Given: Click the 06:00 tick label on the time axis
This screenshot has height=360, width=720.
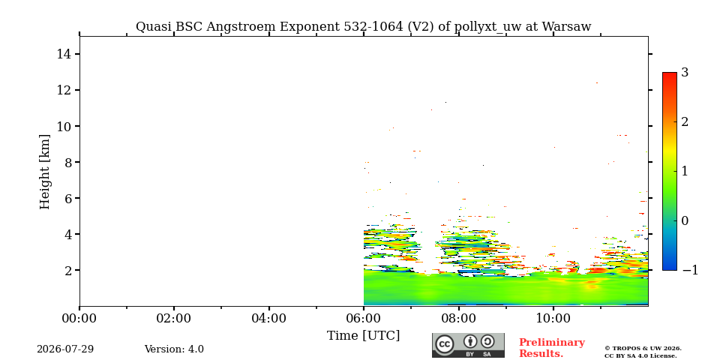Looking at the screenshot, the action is click(363, 318).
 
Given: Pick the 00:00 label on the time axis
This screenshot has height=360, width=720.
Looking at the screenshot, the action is click(79, 318).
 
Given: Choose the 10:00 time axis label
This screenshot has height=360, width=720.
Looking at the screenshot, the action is click(553, 318).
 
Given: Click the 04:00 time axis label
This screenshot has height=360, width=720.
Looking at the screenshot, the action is click(268, 318).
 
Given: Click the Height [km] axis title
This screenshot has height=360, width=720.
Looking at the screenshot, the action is click(44, 172).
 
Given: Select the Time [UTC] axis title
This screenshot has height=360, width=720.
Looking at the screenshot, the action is click(363, 336).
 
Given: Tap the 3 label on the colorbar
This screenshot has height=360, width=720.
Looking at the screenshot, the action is click(685, 73).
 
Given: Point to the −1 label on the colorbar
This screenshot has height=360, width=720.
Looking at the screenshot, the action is click(690, 270).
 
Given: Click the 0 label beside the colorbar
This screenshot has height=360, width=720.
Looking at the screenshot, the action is click(685, 220).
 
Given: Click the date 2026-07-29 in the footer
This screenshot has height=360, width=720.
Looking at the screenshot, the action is click(65, 349).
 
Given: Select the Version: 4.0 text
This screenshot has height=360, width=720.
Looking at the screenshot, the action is click(174, 349).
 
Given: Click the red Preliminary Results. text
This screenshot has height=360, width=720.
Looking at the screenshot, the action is click(551, 348).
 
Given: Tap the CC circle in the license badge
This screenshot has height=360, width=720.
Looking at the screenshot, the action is click(444, 345).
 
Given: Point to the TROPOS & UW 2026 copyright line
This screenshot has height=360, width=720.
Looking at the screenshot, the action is click(643, 349).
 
